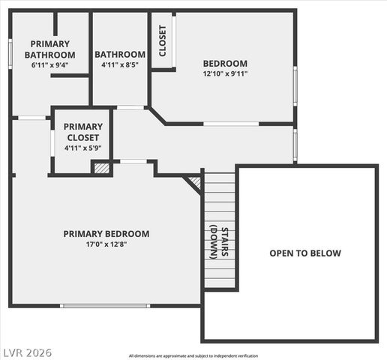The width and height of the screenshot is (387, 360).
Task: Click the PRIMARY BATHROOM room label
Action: click(49, 49)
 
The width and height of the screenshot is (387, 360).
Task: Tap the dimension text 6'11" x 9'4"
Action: click(49, 65)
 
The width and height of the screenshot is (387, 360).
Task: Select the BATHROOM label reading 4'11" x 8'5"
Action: click(120, 54)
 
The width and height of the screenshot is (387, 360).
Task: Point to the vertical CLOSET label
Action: click(163, 41)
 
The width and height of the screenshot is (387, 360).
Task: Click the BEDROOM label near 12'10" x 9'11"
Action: click(225, 63)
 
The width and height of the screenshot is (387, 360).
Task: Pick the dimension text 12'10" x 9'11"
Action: click(225, 73)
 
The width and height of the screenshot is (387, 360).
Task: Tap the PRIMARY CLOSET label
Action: click(82, 132)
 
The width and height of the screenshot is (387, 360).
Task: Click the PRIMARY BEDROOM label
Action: click(106, 233)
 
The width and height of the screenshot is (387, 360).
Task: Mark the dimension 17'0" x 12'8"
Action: click(106, 244)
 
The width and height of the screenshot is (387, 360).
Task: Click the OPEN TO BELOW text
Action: click(305, 253)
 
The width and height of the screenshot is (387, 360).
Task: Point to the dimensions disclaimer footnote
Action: click(198, 355)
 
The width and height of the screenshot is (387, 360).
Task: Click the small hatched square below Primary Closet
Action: click(101, 169)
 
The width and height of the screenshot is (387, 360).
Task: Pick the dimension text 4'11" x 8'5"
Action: click(120, 65)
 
